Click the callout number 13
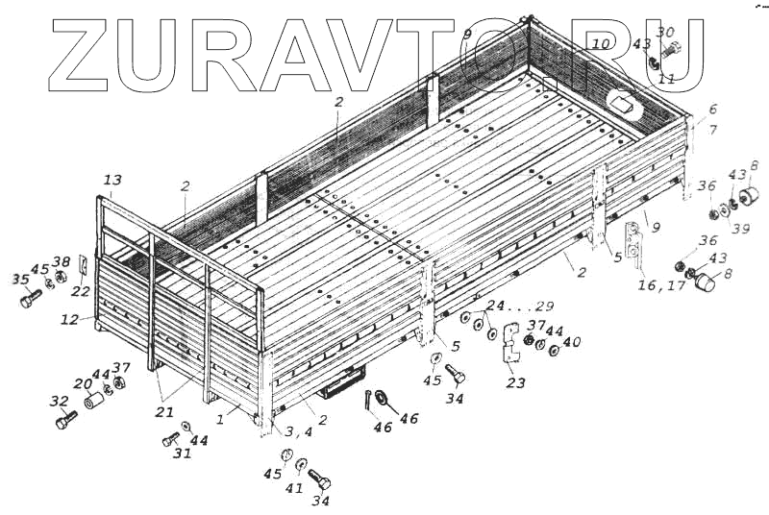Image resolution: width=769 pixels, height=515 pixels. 112,181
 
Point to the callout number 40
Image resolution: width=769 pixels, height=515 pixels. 572,342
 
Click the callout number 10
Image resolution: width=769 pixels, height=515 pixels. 600,44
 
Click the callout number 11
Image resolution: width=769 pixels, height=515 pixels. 666,79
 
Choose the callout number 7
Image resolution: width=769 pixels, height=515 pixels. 712,130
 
